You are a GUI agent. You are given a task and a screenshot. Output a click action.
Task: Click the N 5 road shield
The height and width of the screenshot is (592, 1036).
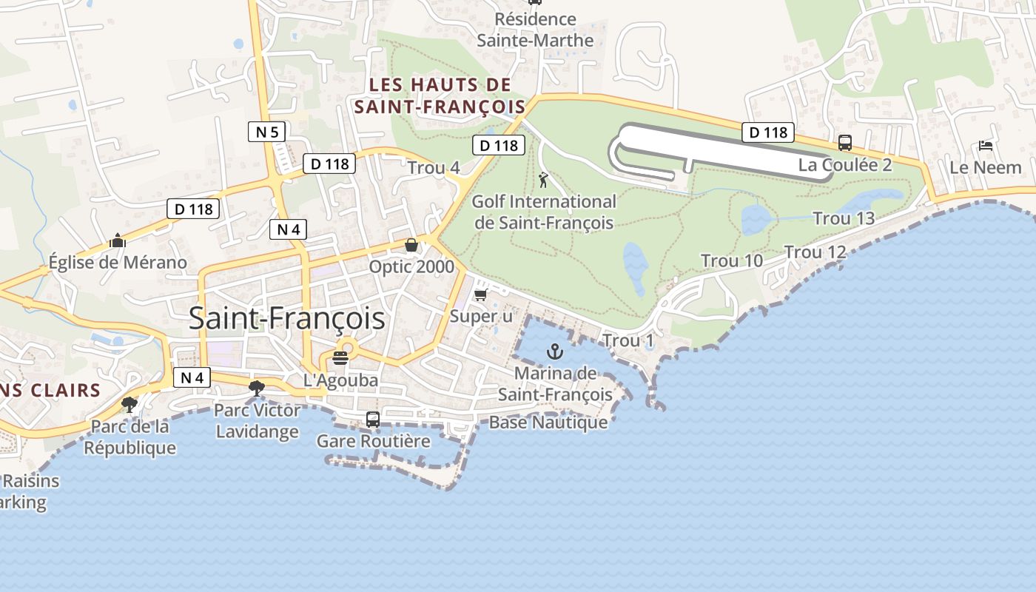[266, 132]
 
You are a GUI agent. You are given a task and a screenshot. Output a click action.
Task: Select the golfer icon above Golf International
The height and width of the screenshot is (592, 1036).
[543, 179]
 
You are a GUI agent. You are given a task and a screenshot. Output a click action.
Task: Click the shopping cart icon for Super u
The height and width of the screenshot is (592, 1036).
[480, 295]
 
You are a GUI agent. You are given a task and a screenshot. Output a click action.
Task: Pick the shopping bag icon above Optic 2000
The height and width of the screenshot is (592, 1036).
[411, 245]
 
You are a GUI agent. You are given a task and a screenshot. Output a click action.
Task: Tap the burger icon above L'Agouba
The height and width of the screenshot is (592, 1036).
[340, 359]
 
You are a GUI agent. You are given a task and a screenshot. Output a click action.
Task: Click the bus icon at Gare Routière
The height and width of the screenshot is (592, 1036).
[373, 419]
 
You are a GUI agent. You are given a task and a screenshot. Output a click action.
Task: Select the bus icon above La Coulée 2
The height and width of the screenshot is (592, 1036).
[844, 142]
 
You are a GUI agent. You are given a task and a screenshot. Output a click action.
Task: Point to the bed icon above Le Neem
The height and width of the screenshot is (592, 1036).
[985, 145]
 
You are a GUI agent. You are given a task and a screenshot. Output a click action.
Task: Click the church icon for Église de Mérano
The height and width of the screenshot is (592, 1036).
[117, 240]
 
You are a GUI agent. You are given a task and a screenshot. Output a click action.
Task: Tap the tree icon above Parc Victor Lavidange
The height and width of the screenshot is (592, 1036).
[257, 388]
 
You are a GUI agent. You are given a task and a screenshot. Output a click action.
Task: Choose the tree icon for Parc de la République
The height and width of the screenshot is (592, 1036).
[129, 404]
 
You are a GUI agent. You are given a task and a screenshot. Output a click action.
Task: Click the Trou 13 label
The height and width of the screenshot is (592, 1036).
[844, 218]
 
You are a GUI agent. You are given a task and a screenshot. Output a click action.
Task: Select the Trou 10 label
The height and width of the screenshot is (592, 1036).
[732, 260]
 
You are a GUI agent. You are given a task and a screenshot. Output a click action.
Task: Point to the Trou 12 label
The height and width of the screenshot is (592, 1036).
[815, 252]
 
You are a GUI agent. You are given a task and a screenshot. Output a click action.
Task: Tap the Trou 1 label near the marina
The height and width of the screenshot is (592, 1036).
[628, 341]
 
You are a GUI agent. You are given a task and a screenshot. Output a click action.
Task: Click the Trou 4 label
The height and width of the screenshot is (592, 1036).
[434, 168]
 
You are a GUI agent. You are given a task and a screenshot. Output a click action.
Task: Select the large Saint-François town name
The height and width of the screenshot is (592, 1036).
[286, 318]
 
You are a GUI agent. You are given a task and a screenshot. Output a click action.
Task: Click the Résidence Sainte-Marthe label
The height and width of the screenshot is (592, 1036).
[535, 30]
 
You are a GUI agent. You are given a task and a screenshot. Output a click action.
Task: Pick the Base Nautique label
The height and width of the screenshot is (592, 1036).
[548, 423]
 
